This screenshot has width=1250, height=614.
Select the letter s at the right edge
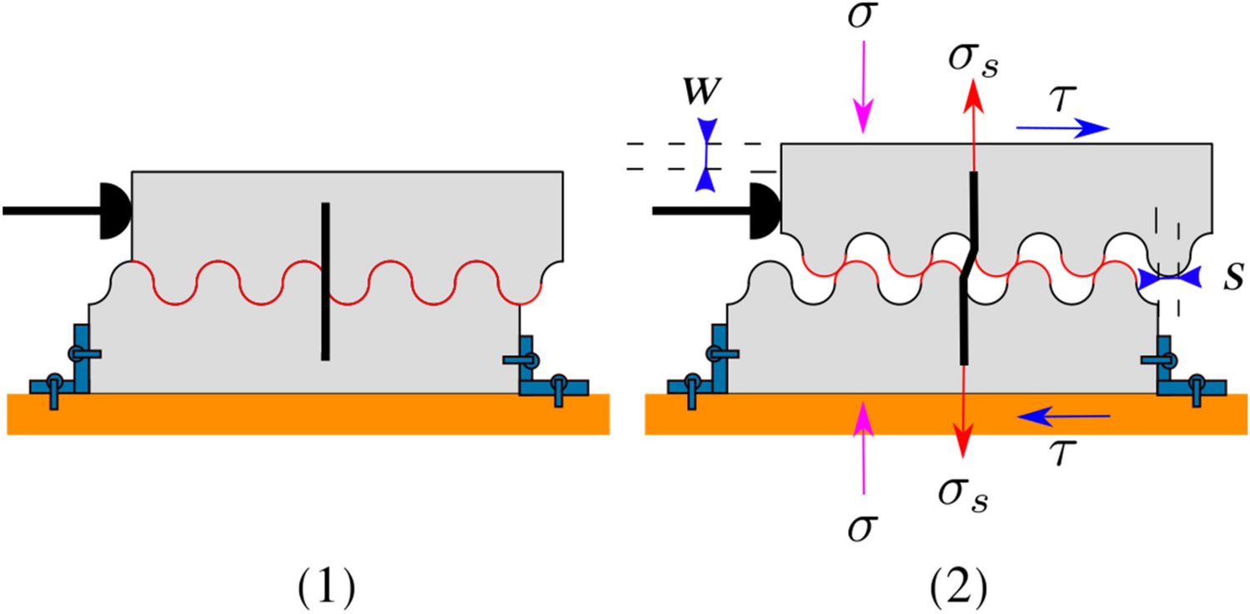tap(1231, 279)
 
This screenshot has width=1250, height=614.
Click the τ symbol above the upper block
tap(1057, 98)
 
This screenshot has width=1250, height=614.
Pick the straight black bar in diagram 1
tap(325, 281)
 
